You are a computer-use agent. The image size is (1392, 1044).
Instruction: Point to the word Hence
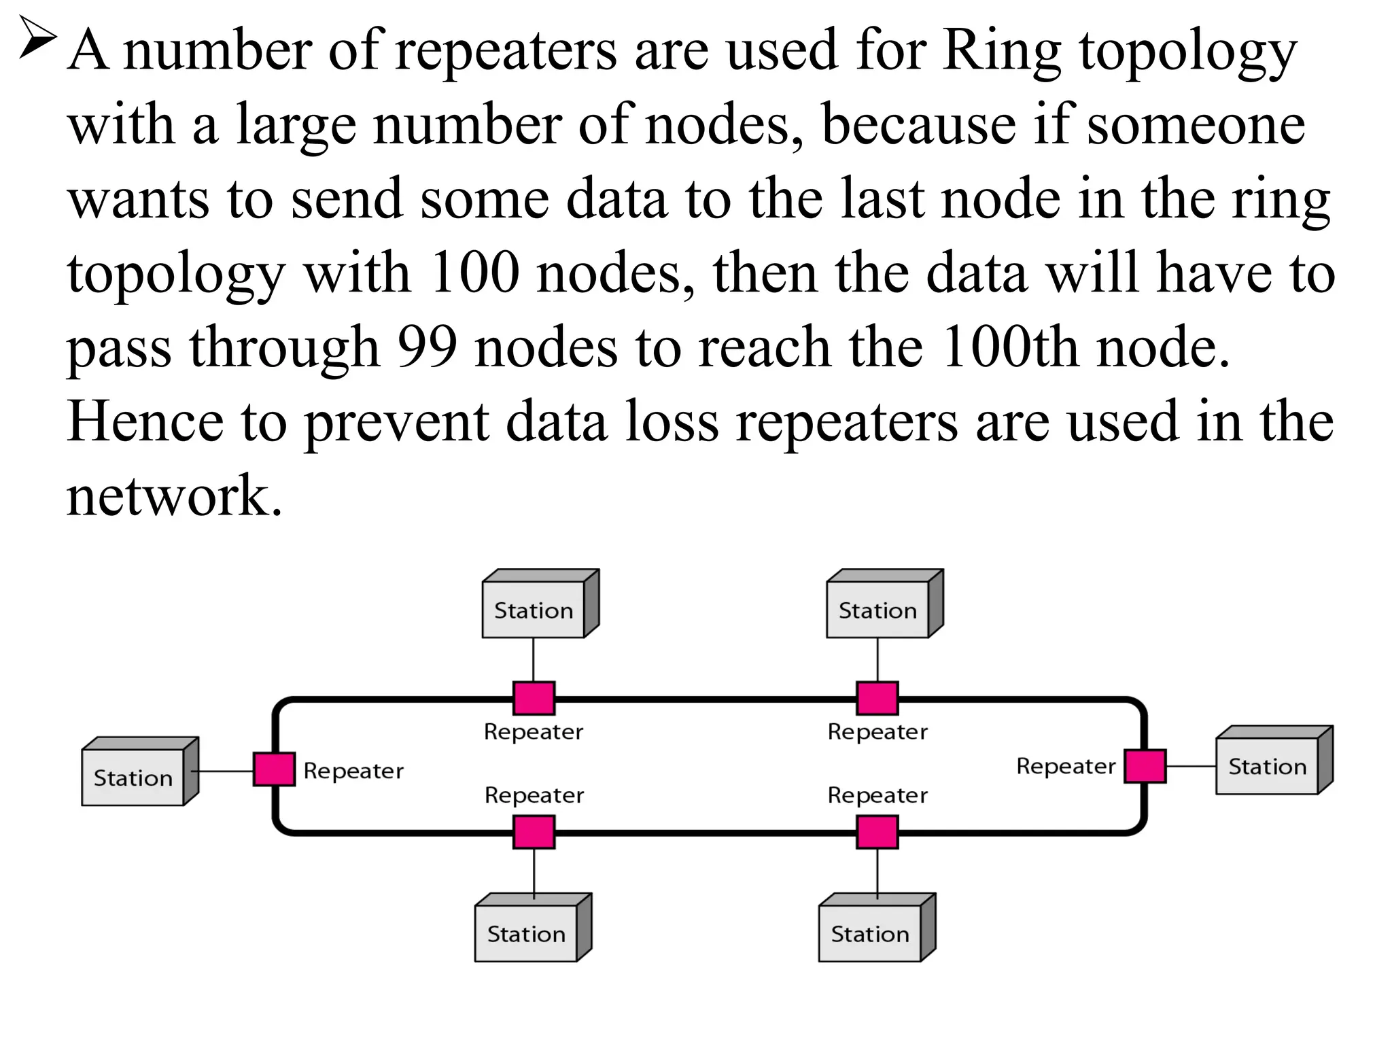click(145, 422)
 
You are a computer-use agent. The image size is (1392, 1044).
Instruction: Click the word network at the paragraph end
click(173, 496)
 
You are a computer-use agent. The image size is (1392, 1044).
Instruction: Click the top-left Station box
click(534, 610)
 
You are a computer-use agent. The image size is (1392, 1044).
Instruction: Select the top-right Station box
click(877, 610)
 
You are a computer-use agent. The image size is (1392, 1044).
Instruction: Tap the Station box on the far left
click(133, 777)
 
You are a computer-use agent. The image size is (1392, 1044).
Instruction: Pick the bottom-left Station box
click(526, 933)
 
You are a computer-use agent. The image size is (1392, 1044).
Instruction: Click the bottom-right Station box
click(870, 933)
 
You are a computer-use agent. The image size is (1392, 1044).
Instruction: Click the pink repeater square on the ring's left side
click(274, 769)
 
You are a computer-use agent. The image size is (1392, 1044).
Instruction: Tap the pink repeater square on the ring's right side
click(1145, 766)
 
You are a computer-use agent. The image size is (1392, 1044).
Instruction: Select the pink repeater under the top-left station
click(534, 698)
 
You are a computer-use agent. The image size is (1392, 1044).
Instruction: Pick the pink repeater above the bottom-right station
click(877, 833)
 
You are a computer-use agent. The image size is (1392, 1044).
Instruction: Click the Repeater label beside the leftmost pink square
click(353, 771)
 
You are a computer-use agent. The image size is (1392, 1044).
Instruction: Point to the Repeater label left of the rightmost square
click(1066, 766)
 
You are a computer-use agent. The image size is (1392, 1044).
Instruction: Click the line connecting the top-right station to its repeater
click(877, 659)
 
